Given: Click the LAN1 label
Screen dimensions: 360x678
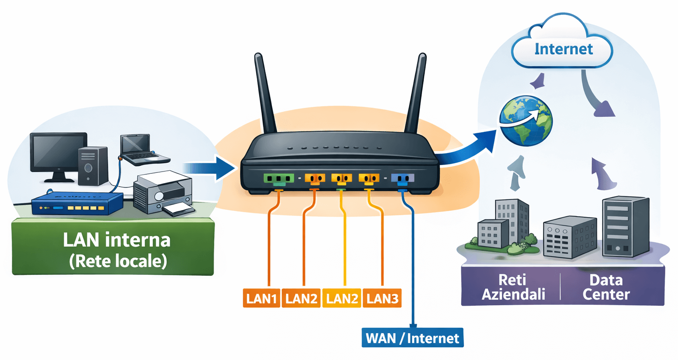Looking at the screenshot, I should (x=261, y=298).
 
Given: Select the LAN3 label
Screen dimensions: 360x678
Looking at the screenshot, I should (x=382, y=298).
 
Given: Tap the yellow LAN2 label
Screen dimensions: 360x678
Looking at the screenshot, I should (x=342, y=298).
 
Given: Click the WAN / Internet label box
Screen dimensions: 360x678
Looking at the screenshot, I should (x=412, y=338).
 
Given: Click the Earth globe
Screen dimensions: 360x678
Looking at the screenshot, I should (x=526, y=120).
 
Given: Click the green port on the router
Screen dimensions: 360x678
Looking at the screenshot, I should (x=279, y=179).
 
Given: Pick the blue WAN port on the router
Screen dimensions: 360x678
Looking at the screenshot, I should (x=402, y=179).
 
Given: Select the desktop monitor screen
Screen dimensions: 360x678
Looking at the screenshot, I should (x=58, y=151).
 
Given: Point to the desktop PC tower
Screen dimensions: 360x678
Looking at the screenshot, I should (x=92, y=166).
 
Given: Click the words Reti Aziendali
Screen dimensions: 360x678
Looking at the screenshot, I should (x=513, y=287).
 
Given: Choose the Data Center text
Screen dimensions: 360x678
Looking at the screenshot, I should (x=606, y=287).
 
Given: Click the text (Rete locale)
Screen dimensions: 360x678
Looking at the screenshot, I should (x=118, y=261).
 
